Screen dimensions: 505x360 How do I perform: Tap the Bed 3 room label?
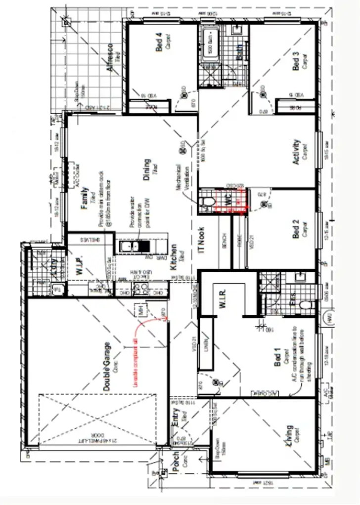click(x=296, y=60)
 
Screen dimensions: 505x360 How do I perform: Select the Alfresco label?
click(x=110, y=58)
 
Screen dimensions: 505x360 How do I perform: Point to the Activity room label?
click(x=296, y=151)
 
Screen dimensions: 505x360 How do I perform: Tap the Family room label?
click(x=85, y=198)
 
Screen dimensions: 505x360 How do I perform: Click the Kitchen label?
click(x=174, y=256)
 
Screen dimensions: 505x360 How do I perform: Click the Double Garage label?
click(x=107, y=367)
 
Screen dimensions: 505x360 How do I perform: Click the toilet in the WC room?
click(x=208, y=201)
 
